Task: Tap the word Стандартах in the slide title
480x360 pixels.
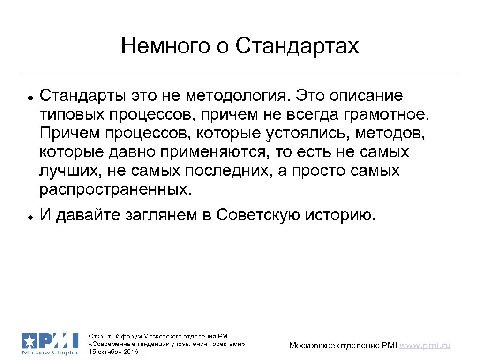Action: pyautogui.click(x=297, y=46)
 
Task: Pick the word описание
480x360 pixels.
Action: pyautogui.click(x=366, y=96)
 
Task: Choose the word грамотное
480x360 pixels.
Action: pyautogui.click(x=391, y=115)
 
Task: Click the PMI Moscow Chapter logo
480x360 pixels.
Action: pyautogui.click(x=50, y=344)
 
